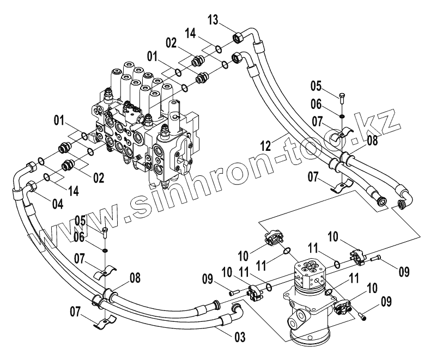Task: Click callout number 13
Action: pos(214,21)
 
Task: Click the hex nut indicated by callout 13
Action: pos(238,39)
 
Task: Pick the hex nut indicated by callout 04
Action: pos(32,187)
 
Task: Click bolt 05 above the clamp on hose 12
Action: pos(342,99)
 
